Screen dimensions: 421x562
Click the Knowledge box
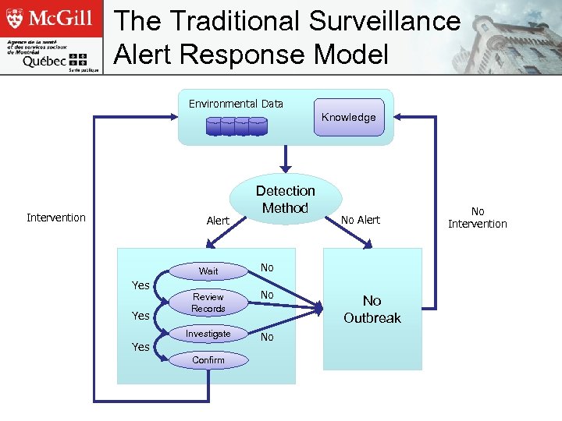349,117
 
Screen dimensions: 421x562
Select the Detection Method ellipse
286,200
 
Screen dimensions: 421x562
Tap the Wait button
208,271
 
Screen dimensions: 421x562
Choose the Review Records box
208,302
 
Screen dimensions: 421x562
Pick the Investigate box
208,334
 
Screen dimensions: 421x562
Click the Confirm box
208,359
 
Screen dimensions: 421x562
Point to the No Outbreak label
372,309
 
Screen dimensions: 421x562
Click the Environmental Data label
236,104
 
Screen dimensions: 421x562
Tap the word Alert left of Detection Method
218,221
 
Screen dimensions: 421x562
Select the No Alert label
361,220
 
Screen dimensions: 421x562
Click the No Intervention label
477,218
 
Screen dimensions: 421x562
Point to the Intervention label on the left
56,218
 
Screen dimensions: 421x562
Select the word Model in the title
350,55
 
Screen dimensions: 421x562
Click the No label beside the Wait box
267,267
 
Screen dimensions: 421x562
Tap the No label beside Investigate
267,337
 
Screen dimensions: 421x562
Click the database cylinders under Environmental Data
236,126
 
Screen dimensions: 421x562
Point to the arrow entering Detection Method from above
286,159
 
